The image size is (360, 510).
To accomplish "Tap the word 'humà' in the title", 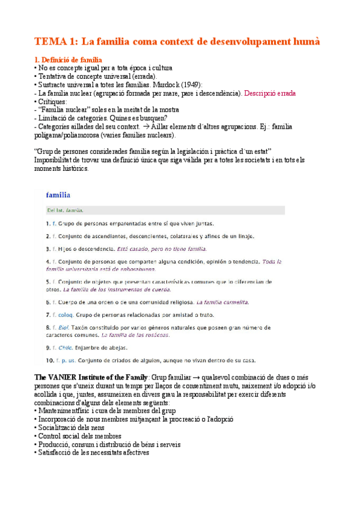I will pos(306,41).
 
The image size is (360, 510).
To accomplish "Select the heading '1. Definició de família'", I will pos(68,60).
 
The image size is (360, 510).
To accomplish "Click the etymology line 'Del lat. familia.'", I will pos(66,210).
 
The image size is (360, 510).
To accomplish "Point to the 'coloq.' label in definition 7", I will pos(70,315).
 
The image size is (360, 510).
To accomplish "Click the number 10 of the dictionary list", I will pos(50,361).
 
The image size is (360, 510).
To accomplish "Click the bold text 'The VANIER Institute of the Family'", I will pos(90,377).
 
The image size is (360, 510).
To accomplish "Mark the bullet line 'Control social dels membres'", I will pos(78,436).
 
